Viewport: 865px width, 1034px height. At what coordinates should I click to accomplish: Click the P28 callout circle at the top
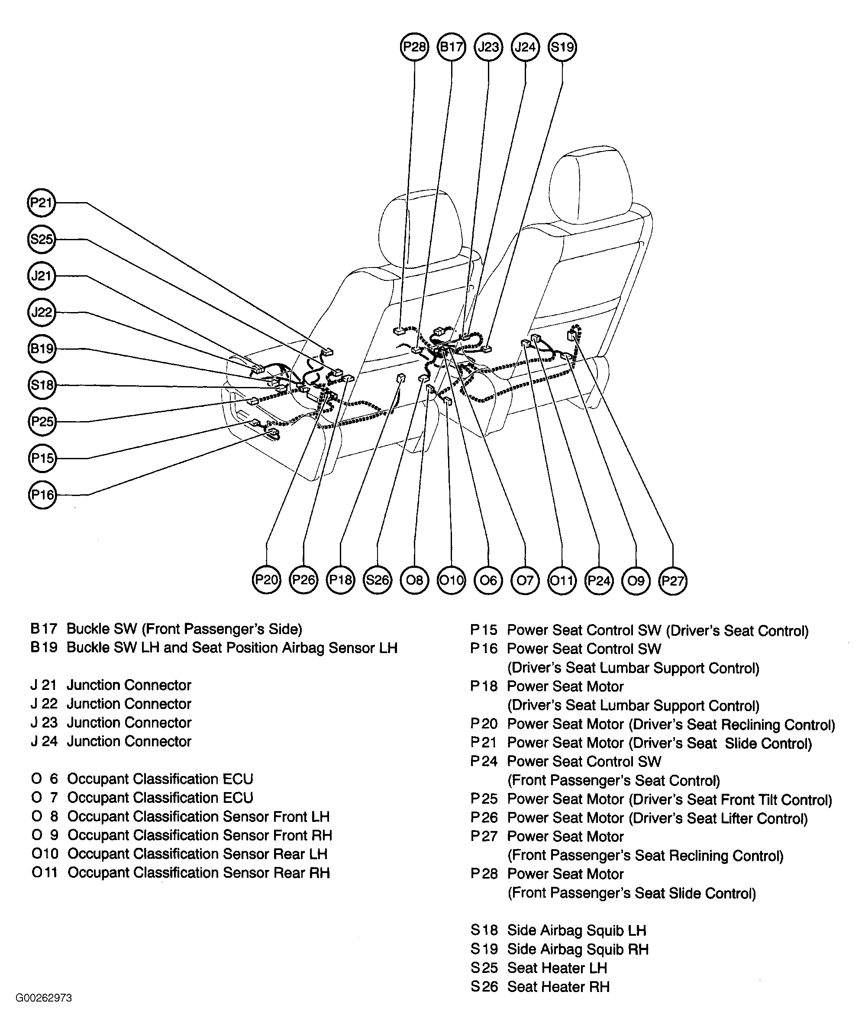[414, 47]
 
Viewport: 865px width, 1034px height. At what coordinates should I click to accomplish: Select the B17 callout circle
[451, 47]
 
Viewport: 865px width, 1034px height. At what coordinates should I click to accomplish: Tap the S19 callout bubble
[562, 47]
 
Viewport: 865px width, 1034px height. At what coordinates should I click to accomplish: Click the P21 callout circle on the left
[42, 203]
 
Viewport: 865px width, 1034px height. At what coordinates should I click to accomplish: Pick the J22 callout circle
[42, 312]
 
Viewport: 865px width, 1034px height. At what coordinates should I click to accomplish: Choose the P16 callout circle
[42, 494]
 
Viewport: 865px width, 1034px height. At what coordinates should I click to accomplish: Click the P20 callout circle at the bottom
[267, 580]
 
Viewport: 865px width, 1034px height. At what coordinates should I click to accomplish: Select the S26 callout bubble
[378, 580]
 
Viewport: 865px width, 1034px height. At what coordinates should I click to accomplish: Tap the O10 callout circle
[451, 580]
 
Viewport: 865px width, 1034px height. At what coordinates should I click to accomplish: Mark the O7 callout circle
[525, 580]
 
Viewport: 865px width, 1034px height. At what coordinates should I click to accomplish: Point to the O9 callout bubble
[636, 580]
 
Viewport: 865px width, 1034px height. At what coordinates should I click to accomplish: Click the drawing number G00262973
[44, 998]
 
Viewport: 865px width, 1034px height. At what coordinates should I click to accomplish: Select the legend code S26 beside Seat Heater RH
[484, 987]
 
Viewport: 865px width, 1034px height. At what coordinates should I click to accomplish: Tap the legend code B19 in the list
[44, 648]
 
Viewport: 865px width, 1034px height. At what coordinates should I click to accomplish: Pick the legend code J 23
[44, 723]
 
